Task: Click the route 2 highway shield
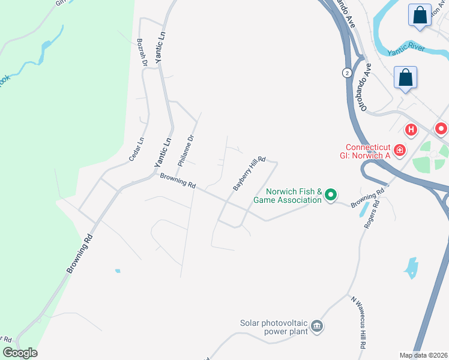click(x=346, y=73)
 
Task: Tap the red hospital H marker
click(x=411, y=129)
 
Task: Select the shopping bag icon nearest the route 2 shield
click(x=406, y=78)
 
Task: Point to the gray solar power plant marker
click(x=317, y=327)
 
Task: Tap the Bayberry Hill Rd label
click(x=249, y=171)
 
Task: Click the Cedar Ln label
click(x=137, y=149)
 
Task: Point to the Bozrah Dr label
click(x=142, y=52)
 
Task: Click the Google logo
click(x=19, y=353)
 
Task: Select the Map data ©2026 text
click(x=424, y=355)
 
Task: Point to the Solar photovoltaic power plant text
click(x=274, y=326)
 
